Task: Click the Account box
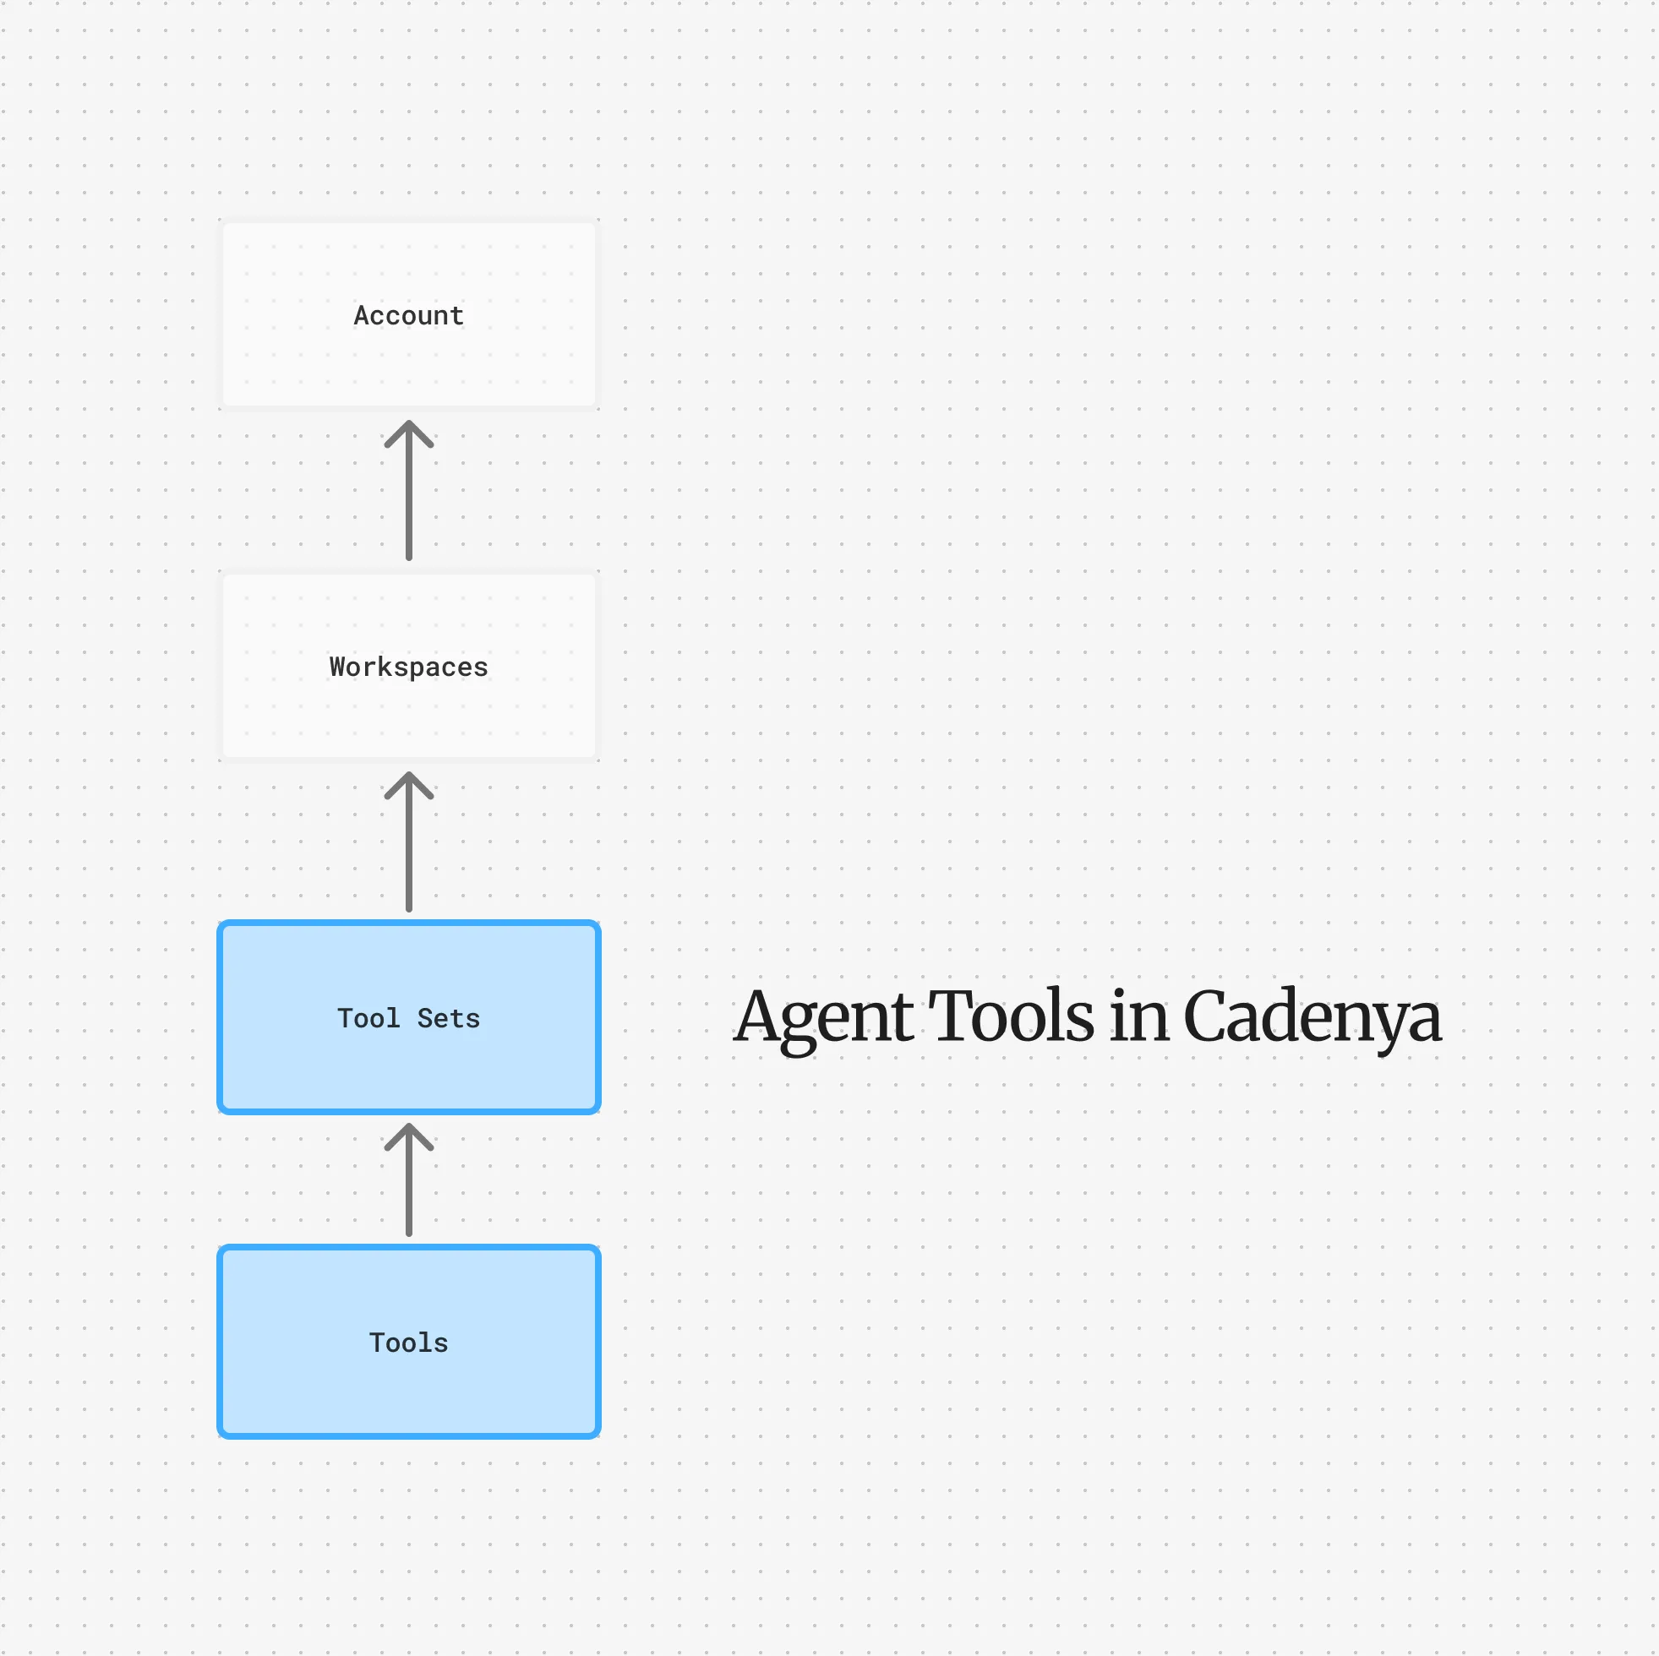tap(409, 314)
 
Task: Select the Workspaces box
tap(409, 665)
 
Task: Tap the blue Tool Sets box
tap(409, 1017)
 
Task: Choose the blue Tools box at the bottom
tap(409, 1342)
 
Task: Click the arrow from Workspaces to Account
tap(409, 490)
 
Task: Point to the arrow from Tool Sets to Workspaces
tap(409, 842)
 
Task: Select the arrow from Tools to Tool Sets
tap(409, 1179)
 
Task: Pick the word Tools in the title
tap(1012, 1016)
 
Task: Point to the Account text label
tap(409, 315)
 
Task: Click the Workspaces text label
tap(409, 667)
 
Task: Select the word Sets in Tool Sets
tap(448, 1018)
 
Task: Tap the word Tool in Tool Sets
tap(368, 1018)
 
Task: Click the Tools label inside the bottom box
tap(409, 1343)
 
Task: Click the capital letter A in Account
tap(363, 315)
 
